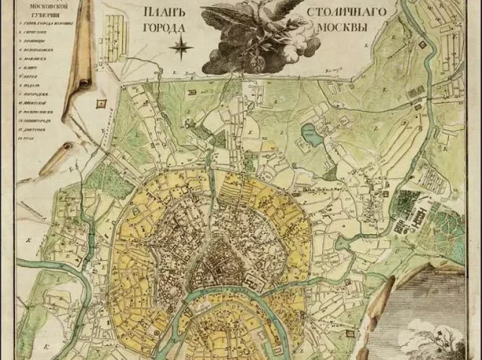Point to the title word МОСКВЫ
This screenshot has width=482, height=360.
pyautogui.click(x=337, y=30)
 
